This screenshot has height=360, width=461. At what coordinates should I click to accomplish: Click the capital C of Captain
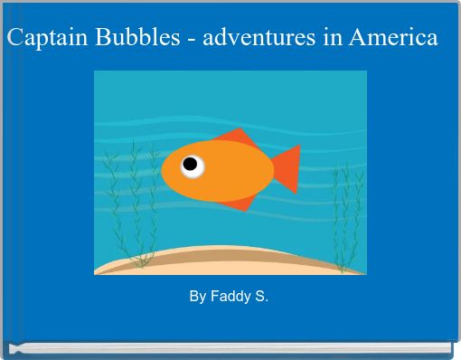click(15, 39)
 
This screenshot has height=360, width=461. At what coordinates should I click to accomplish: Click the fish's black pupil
click(191, 165)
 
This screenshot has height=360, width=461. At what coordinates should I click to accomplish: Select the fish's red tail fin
click(287, 168)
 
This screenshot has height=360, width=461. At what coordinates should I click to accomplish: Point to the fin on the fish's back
click(238, 138)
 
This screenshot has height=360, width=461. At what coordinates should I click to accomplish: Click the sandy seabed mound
click(226, 260)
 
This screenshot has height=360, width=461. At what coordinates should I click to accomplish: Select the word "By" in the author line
click(197, 297)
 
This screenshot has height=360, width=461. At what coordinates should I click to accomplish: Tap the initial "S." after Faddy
click(260, 297)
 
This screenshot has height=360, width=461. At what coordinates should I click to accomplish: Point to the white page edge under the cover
click(230, 348)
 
